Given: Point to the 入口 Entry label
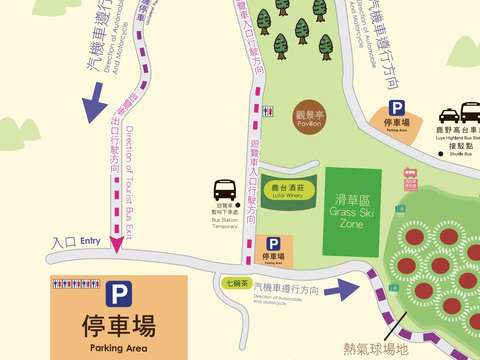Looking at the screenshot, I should tap(76, 242).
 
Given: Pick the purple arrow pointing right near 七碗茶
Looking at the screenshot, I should tap(347, 290).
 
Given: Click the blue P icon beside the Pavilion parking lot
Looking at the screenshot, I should tap(397, 108).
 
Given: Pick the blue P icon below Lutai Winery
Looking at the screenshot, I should tap(273, 244).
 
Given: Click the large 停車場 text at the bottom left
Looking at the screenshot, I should tap(119, 326).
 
